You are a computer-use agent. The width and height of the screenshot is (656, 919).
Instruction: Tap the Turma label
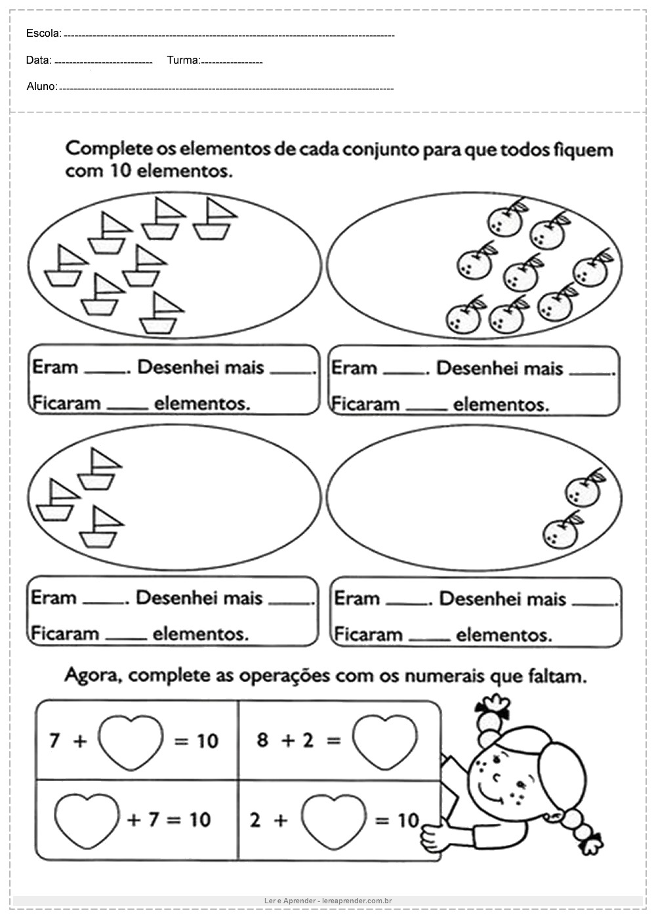pos(183,60)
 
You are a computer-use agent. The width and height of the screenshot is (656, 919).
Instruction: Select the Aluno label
pos(42,86)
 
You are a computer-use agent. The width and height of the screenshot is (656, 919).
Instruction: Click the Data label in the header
pos(39,60)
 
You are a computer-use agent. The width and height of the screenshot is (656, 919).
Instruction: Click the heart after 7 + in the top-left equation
pos(131,740)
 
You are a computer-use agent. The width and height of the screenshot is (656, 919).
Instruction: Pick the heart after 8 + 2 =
pos(384,740)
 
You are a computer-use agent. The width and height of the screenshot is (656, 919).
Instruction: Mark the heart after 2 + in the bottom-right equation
pos(334,819)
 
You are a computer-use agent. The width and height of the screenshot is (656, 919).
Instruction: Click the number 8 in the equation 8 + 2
pos(263,740)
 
